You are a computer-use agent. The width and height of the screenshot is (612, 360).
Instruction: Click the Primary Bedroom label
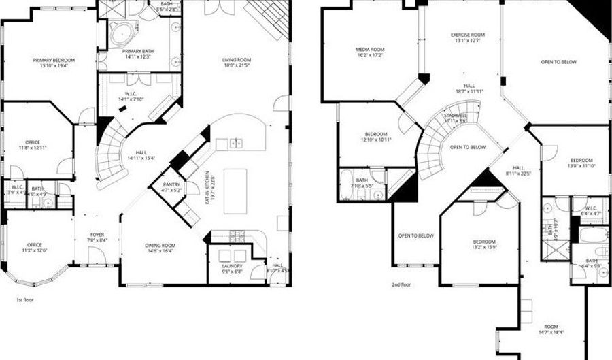(54, 60)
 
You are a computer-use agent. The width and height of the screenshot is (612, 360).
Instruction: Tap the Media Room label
(371, 50)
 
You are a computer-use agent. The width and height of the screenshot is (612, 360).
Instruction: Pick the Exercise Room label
(467, 35)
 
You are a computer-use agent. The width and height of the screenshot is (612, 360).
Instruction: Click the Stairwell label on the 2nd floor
(455, 115)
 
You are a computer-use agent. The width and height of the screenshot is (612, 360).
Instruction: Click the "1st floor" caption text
(24, 299)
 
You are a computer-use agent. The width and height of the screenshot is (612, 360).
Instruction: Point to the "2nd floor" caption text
(401, 284)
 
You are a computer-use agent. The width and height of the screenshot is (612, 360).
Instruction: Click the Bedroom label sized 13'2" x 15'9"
(485, 242)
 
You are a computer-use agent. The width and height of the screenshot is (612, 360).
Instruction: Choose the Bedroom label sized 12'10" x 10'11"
(376, 134)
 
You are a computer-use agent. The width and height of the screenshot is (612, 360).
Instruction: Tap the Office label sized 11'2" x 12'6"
(35, 245)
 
